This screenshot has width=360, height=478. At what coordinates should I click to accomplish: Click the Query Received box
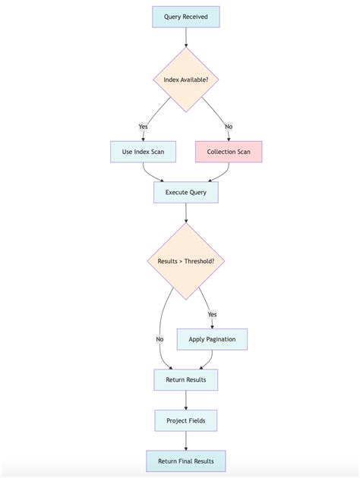pyautogui.click(x=185, y=17)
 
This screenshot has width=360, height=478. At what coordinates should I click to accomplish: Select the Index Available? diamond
pyautogui.click(x=185, y=80)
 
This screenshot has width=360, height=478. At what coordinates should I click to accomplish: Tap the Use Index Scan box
pyautogui.click(x=143, y=152)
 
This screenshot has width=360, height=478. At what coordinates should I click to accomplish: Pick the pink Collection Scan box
pyautogui.click(x=229, y=152)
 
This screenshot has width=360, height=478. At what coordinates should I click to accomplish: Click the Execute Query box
pyautogui.click(x=185, y=192)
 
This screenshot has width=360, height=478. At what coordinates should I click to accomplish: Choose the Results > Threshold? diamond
pyautogui.click(x=185, y=261)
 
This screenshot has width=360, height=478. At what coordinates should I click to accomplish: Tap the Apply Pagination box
pyautogui.click(x=212, y=339)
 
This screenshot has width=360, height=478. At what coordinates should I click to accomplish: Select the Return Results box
pyautogui.click(x=185, y=379)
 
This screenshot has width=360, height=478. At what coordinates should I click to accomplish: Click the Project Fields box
pyautogui.click(x=185, y=420)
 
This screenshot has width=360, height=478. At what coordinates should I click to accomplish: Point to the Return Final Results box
pyautogui.click(x=185, y=461)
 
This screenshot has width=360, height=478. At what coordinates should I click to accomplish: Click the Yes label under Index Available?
pyautogui.click(x=143, y=126)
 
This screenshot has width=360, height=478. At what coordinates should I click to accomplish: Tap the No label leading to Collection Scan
pyautogui.click(x=229, y=126)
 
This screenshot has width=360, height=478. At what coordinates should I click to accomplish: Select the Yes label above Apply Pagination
pyautogui.click(x=212, y=314)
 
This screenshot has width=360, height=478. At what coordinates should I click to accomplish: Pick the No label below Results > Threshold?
pyautogui.click(x=159, y=339)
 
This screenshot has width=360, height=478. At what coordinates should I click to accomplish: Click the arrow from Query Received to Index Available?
pyautogui.click(x=185, y=37)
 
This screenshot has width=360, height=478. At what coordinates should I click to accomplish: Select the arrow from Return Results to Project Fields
pyautogui.click(x=185, y=399)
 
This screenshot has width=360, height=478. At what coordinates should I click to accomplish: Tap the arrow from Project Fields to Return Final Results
pyautogui.click(x=185, y=440)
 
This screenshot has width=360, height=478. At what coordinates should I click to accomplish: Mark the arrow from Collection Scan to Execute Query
pyautogui.click(x=219, y=174)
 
